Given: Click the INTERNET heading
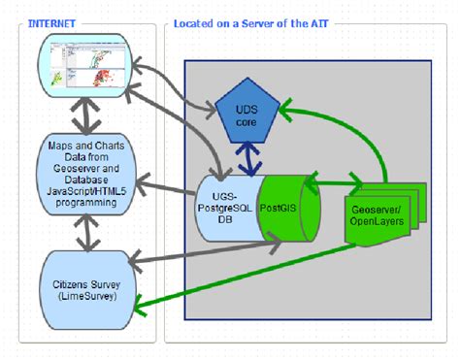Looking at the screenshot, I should coord(54,21).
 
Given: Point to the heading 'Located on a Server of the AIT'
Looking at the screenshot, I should coord(253,21).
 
